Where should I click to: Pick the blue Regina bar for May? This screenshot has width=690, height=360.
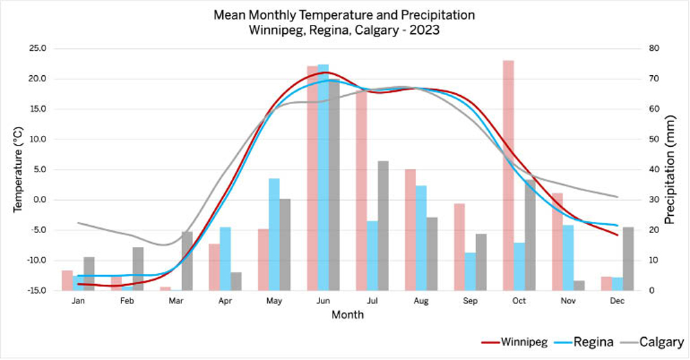(x=274, y=234)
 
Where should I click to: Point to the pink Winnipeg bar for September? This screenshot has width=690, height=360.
(x=459, y=247)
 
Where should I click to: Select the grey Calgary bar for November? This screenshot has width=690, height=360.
(x=579, y=286)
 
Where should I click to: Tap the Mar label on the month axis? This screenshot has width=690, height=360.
(x=176, y=301)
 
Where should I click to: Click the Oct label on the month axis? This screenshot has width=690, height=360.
(x=519, y=301)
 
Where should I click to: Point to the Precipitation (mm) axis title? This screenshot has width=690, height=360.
(x=669, y=169)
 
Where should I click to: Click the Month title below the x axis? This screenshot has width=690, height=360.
(x=347, y=315)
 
